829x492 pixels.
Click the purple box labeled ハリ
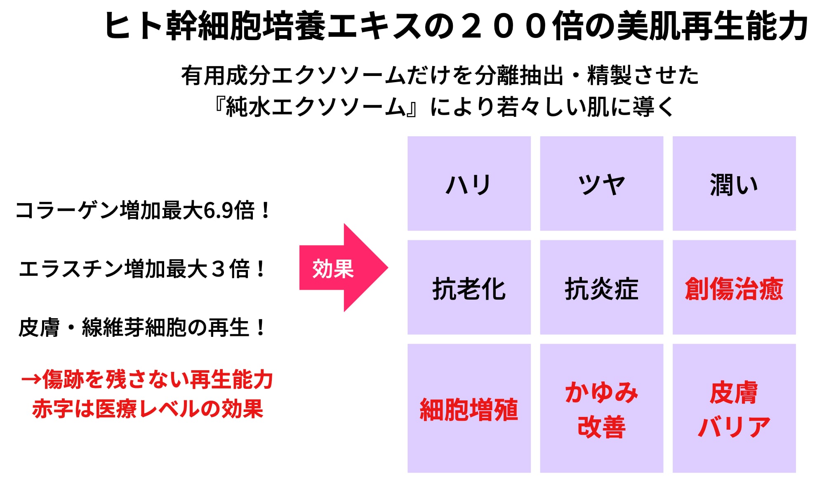point(469,184)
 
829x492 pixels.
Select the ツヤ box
point(601,184)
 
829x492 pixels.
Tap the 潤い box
point(734,184)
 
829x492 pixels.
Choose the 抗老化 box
point(469,288)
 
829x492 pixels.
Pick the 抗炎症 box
point(601,288)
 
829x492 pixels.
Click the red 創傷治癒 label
point(734,289)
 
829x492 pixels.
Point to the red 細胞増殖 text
point(469,409)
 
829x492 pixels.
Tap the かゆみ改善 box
point(601,408)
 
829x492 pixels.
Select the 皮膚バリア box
point(734,408)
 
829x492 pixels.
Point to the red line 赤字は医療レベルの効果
point(148,409)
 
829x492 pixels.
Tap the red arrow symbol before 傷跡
point(31,379)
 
